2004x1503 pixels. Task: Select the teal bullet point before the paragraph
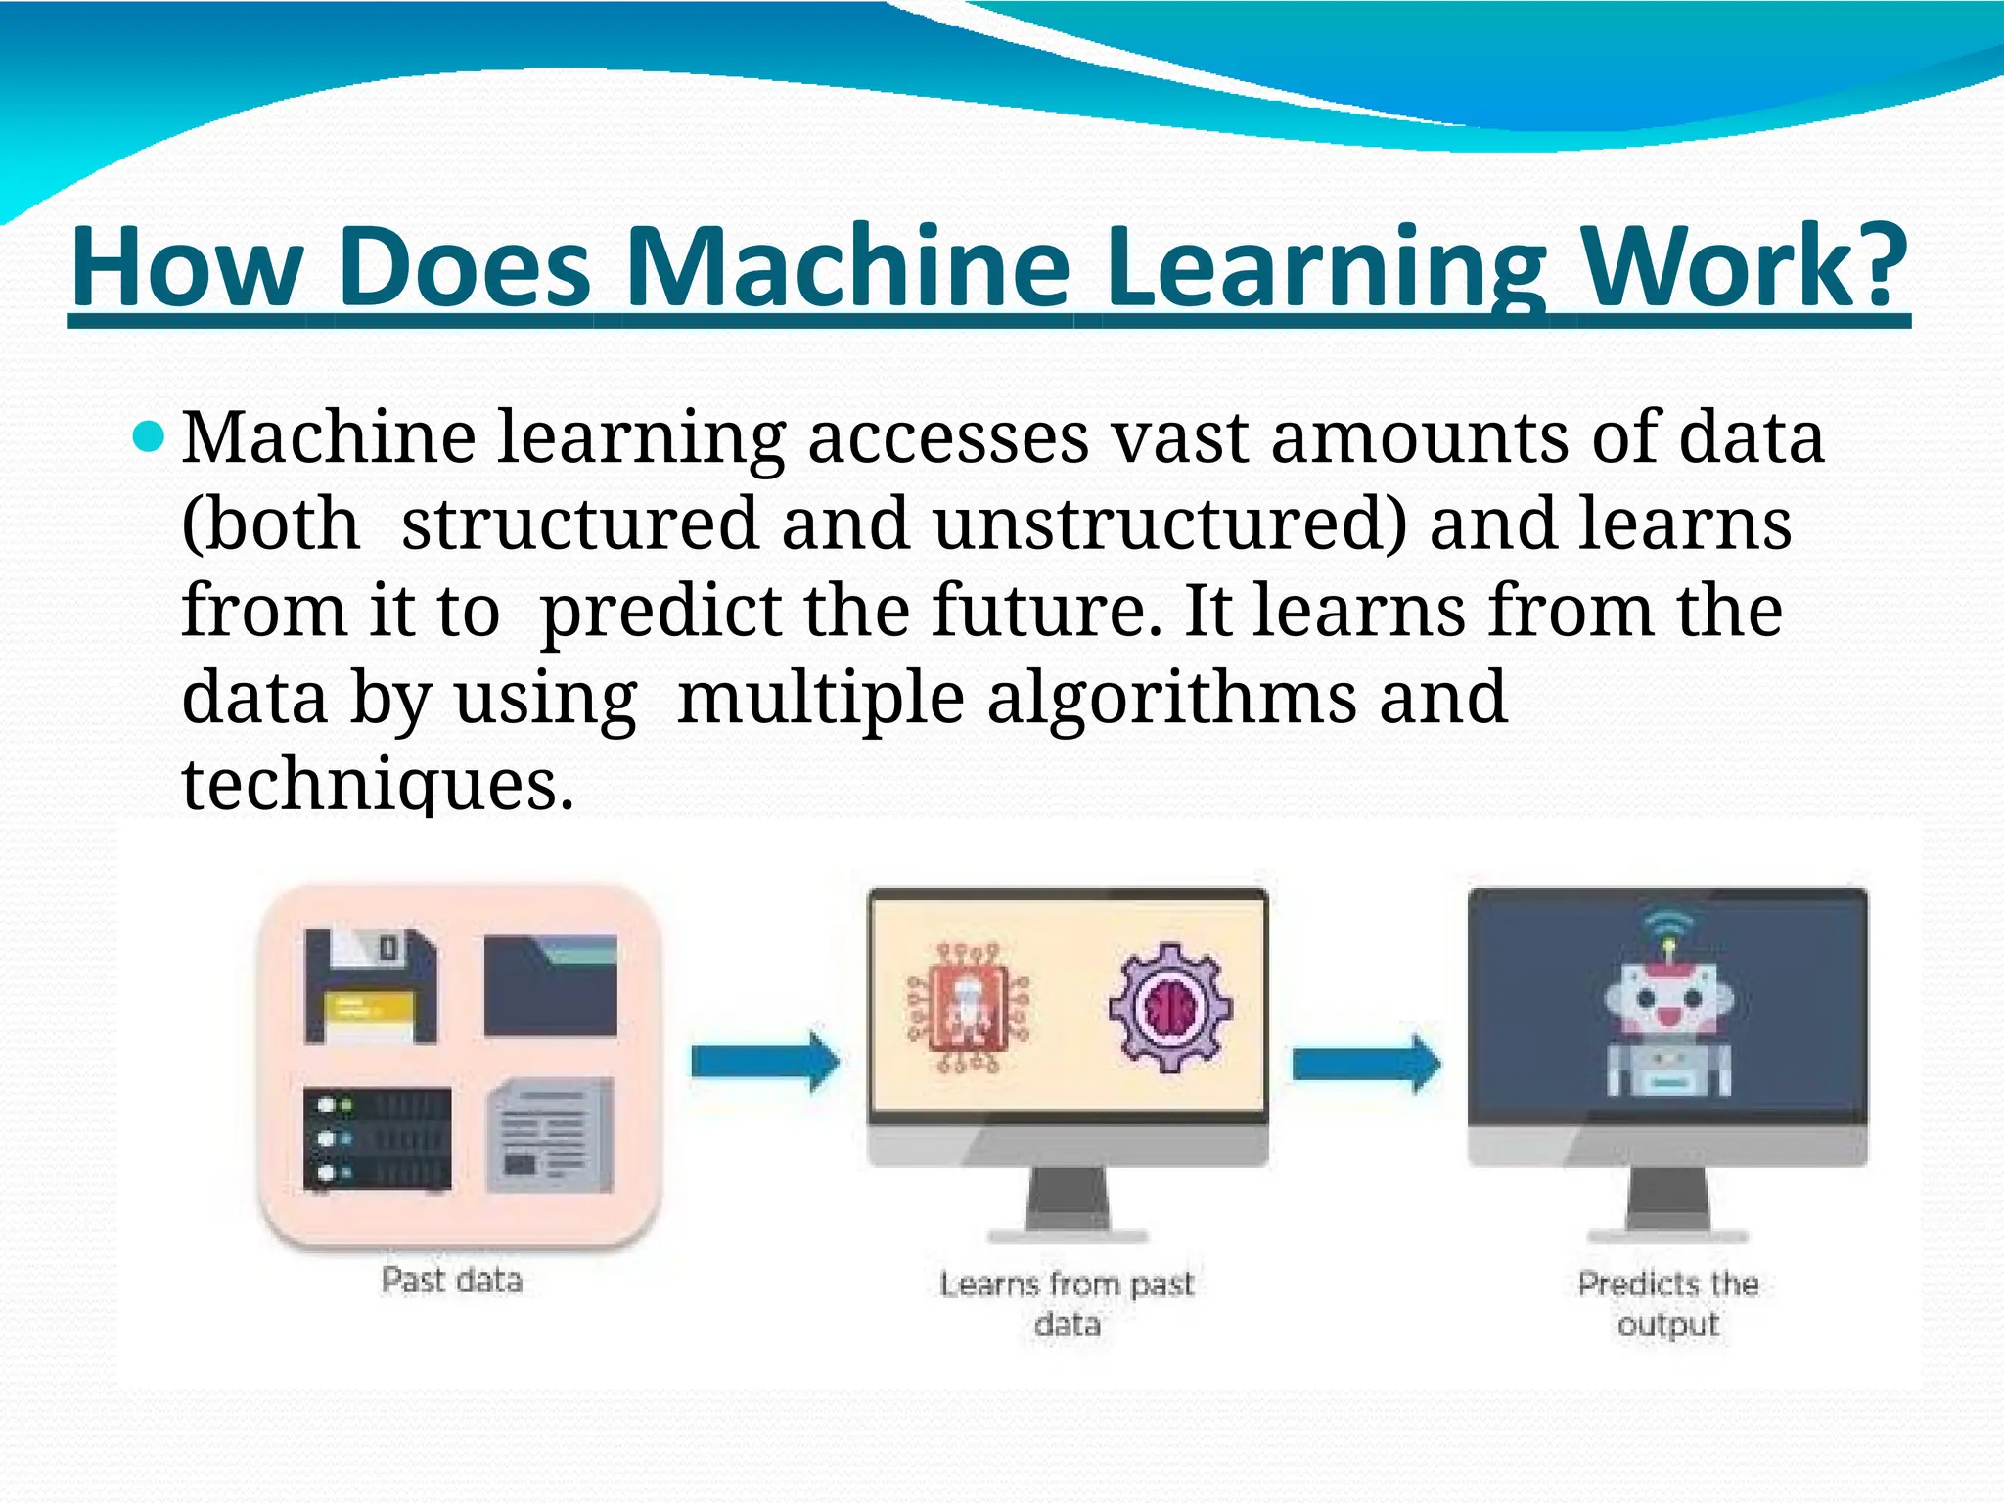tap(149, 437)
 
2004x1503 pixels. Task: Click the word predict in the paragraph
tap(660, 613)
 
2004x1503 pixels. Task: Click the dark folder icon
tap(550, 984)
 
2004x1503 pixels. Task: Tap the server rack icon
tap(377, 1139)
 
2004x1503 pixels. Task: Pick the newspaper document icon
tap(550, 1135)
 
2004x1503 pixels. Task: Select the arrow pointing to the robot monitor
tap(1366, 1064)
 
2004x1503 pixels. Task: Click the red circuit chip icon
tap(968, 1009)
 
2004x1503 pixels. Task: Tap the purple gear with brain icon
tap(1169, 1007)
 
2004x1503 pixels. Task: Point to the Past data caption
tap(452, 1280)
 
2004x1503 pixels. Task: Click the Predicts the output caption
tap(1668, 1303)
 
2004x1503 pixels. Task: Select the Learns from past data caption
tap(1068, 1303)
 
